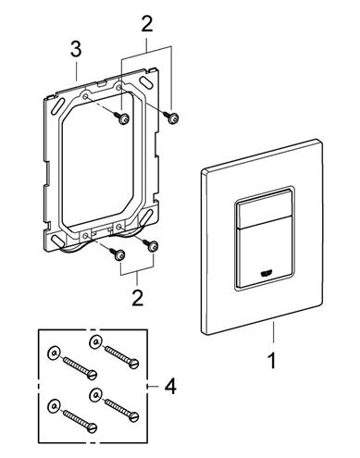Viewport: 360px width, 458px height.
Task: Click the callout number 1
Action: coord(272,361)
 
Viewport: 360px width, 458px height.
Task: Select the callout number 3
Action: coord(76,49)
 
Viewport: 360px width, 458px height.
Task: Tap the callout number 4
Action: coord(170,386)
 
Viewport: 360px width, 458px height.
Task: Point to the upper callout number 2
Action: coord(147,24)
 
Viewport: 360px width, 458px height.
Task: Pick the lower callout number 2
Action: coord(137,297)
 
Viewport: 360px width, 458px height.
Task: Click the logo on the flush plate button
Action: coord(265,273)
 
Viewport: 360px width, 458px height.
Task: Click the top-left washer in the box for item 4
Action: coord(53,353)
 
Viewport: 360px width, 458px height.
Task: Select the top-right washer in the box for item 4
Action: coord(95,342)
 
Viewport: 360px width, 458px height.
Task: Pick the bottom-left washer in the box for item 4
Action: coord(54,406)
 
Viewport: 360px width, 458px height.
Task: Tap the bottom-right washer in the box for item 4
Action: coord(95,394)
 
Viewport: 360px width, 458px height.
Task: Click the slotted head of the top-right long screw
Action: coord(134,365)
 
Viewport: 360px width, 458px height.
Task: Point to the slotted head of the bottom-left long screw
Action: coord(93,428)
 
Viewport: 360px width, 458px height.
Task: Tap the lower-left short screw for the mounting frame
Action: coord(118,254)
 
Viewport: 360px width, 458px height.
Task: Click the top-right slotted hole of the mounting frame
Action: coord(146,81)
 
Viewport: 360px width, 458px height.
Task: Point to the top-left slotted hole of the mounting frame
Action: coord(57,105)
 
